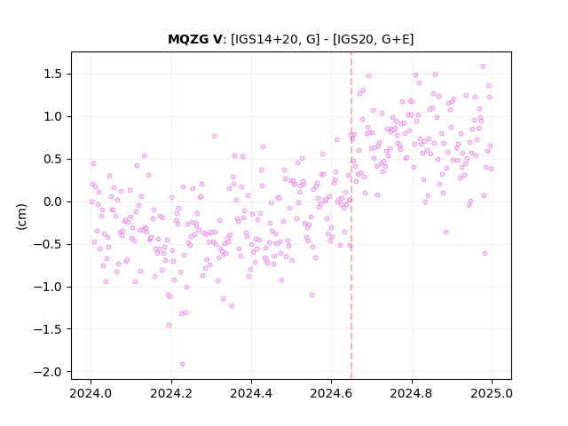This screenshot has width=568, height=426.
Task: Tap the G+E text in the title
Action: pyautogui.click(x=396, y=39)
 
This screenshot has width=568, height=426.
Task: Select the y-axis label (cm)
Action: pyautogui.click(x=21, y=217)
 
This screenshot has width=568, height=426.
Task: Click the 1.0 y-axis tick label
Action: pyautogui.click(x=52, y=116)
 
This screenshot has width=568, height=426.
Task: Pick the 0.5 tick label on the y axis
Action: pyautogui.click(x=52, y=160)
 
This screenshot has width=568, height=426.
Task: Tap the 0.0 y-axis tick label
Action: pyautogui.click(x=52, y=201)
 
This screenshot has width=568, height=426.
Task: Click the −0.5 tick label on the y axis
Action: pyautogui.click(x=48, y=245)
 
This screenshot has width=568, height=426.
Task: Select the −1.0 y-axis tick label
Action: pyautogui.click(x=48, y=287)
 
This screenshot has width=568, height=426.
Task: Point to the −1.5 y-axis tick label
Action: pyautogui.click(x=48, y=329)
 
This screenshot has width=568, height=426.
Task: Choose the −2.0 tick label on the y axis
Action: pyautogui.click(x=48, y=372)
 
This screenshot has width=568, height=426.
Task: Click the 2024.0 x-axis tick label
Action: pyautogui.click(x=91, y=393)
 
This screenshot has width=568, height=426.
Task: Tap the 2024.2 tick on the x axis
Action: pyautogui.click(x=171, y=393)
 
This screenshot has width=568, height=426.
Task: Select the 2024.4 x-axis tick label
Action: pyautogui.click(x=251, y=393)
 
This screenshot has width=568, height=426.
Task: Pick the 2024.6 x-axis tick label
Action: pyautogui.click(x=331, y=393)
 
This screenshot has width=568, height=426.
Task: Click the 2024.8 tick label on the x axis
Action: pyautogui.click(x=412, y=393)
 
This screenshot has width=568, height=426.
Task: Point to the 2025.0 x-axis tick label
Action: pyautogui.click(x=492, y=393)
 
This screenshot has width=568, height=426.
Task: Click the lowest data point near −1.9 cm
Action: pyautogui.click(x=182, y=365)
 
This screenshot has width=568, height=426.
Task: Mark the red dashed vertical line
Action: pyautogui.click(x=351, y=216)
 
